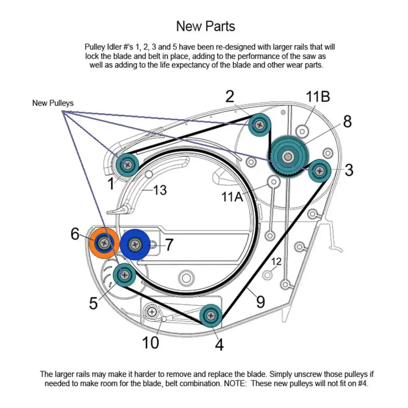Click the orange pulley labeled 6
pos(104,243)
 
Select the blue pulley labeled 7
pos(135,244)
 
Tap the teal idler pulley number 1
pos(128,165)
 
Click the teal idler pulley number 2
pos(260,125)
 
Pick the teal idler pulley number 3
pos(320,171)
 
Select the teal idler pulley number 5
pos(124,274)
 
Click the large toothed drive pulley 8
pos(288,156)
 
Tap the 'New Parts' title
pos(205,26)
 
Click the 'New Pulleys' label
pos(53,103)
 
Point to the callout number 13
pos(159,190)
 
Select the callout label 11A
pos(232,196)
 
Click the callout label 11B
pos(318,97)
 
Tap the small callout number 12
pos(276,261)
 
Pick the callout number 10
pos(150,342)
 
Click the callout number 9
pos(260,302)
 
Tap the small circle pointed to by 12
pos(267,274)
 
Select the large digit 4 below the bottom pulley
pos(219,344)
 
